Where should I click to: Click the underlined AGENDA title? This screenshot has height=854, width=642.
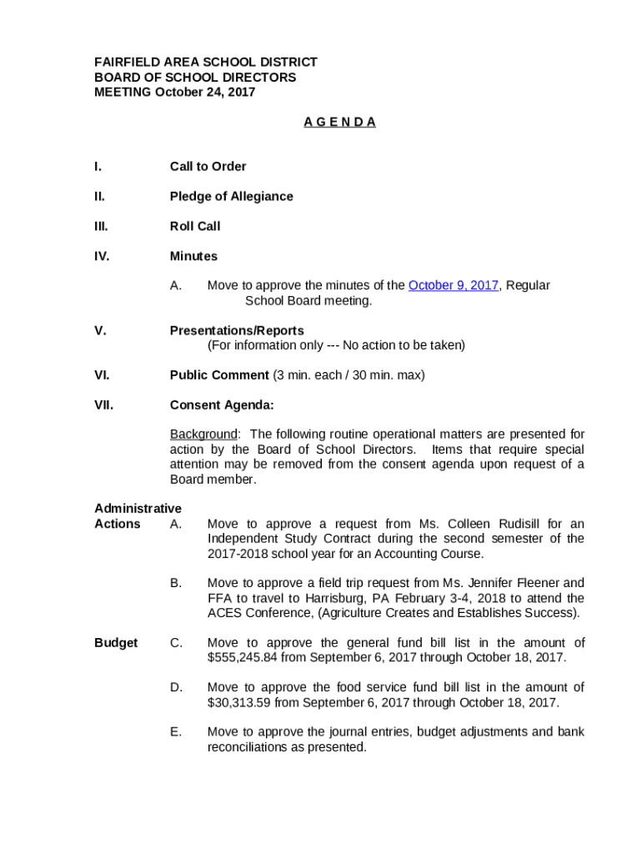click(339, 122)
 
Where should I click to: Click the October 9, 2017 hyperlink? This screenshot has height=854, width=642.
click(453, 285)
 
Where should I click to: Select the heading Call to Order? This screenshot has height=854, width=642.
click(208, 166)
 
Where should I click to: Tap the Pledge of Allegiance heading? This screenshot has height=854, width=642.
click(231, 196)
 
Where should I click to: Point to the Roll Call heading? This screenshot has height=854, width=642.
click(195, 226)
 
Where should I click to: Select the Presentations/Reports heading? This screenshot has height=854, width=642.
click(237, 330)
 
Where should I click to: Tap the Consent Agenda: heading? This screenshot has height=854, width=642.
click(222, 405)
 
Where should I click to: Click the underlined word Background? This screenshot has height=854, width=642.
click(203, 435)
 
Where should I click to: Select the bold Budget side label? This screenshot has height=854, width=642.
click(116, 643)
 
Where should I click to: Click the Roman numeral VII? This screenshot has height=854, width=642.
click(103, 405)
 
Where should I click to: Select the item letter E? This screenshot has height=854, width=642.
click(176, 732)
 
